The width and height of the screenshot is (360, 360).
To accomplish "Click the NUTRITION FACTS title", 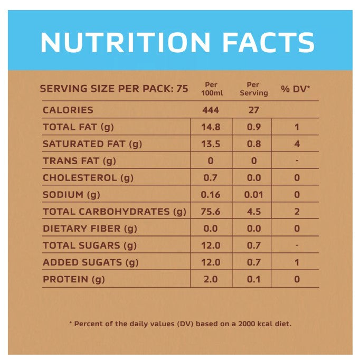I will (x=177, y=43).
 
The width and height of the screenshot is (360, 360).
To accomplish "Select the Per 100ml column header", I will (x=210, y=89).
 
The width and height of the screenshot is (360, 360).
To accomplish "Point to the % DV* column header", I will (x=295, y=89).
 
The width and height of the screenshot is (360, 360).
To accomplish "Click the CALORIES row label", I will (x=68, y=110).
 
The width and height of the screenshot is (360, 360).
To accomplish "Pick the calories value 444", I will (x=211, y=110).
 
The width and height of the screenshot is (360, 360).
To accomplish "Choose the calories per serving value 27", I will (x=254, y=110).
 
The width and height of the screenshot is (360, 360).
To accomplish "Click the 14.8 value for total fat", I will (x=211, y=127).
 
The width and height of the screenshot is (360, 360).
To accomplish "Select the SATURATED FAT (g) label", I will (x=92, y=144).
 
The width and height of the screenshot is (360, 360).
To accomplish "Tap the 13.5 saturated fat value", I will (x=211, y=144).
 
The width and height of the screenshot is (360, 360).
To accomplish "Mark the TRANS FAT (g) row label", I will (x=79, y=160).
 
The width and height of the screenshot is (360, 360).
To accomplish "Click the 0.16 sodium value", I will (x=211, y=194).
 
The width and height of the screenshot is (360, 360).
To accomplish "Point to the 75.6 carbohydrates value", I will (x=211, y=212).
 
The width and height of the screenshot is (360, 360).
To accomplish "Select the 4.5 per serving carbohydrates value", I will (x=254, y=212).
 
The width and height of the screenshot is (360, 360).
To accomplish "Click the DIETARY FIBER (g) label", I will (x=90, y=229).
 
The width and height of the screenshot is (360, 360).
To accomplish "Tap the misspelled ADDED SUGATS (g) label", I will (x=91, y=262).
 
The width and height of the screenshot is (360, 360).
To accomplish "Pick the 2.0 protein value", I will (x=211, y=279).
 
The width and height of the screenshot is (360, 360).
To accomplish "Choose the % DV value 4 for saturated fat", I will (x=297, y=144).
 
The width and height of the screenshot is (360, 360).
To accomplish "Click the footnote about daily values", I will (x=180, y=324).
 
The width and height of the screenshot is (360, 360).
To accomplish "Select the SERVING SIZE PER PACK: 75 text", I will (x=114, y=89).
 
